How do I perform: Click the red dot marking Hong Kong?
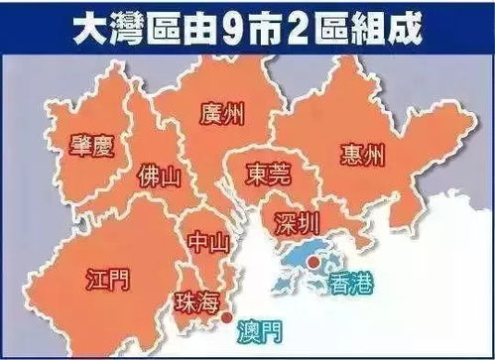click(313, 263)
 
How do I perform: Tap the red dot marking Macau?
click(228, 317)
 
